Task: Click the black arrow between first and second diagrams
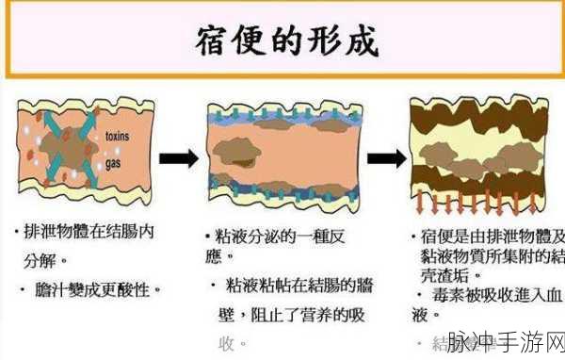[178, 158]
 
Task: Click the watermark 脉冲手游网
[503, 342]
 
